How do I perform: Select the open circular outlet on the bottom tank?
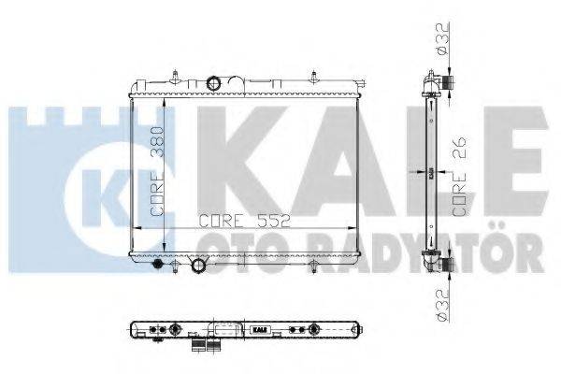[x=198, y=268]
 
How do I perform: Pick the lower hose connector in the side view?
[x=447, y=266]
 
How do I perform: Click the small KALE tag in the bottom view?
[x=258, y=329]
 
